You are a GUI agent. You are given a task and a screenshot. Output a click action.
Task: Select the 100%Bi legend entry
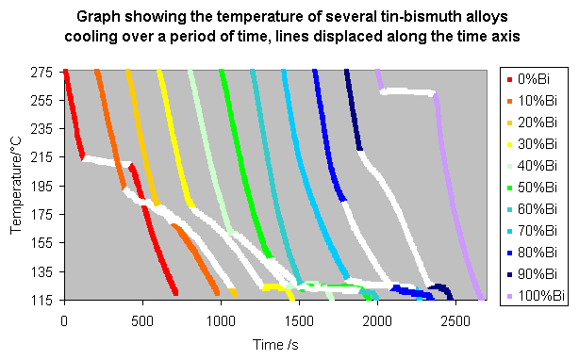tap(538, 295)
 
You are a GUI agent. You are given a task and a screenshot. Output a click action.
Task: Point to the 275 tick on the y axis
tap(43, 72)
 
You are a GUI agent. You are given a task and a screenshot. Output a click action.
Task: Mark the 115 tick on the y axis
tap(43, 301)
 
